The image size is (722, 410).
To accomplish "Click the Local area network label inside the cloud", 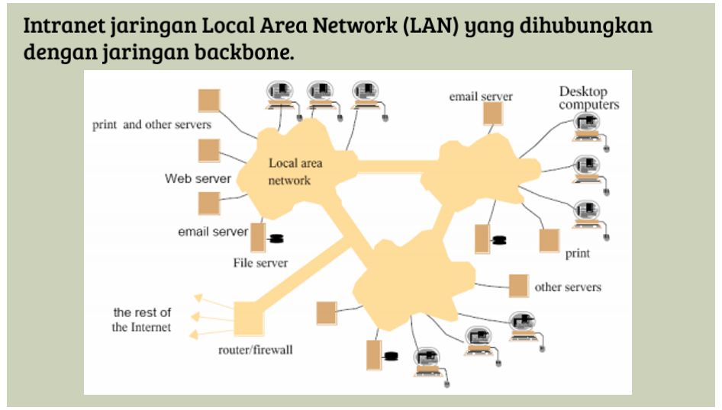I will [x=295, y=171].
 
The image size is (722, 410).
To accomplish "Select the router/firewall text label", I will [x=256, y=351].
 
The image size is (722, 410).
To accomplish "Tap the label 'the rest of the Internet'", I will [x=142, y=319].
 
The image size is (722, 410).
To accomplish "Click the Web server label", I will [x=198, y=179].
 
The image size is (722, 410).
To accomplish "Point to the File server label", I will [x=260, y=263].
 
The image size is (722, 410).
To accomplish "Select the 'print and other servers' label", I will [x=152, y=124].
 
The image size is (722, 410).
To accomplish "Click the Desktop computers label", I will [x=588, y=98].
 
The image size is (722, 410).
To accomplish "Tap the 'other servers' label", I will [x=568, y=287].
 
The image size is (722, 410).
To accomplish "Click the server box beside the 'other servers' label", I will [x=519, y=286].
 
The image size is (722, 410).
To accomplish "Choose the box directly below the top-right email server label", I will [x=493, y=114].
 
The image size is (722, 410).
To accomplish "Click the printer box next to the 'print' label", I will [x=550, y=240].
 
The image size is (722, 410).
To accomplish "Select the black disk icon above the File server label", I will [x=276, y=239].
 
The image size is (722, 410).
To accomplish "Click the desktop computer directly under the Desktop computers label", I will [x=587, y=127].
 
